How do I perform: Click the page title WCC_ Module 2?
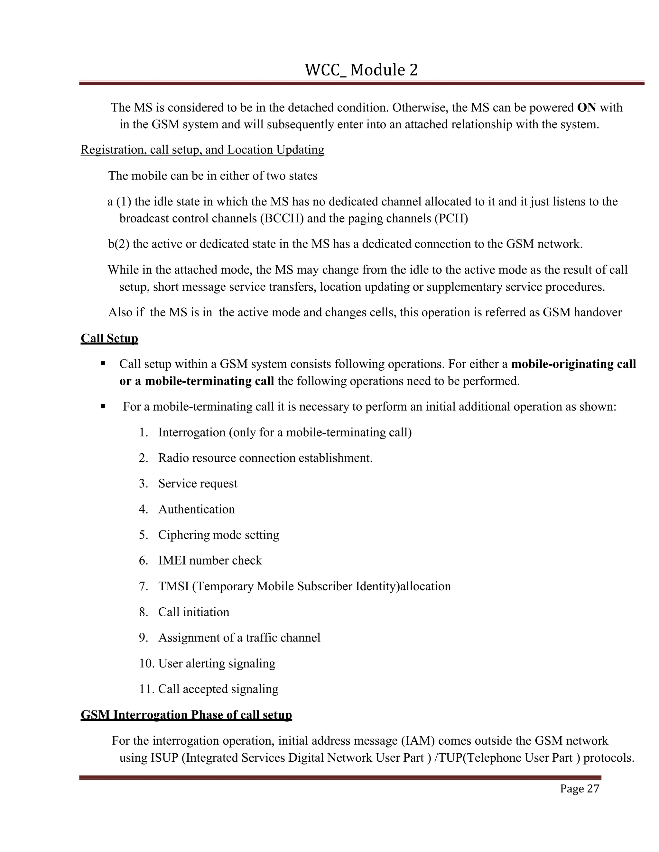click(361, 70)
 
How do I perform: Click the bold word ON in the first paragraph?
click(586, 107)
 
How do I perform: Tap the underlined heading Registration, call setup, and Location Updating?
click(202, 150)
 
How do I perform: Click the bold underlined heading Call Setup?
click(109, 338)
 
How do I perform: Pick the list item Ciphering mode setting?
click(218, 535)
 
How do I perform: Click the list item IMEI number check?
click(210, 561)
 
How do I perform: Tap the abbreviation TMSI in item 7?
click(173, 586)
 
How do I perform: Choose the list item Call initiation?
click(194, 612)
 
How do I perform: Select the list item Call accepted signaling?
click(218, 689)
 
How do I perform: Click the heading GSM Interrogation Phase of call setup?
click(186, 715)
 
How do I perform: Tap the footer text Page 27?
click(579, 789)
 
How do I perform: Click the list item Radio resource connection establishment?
click(265, 458)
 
